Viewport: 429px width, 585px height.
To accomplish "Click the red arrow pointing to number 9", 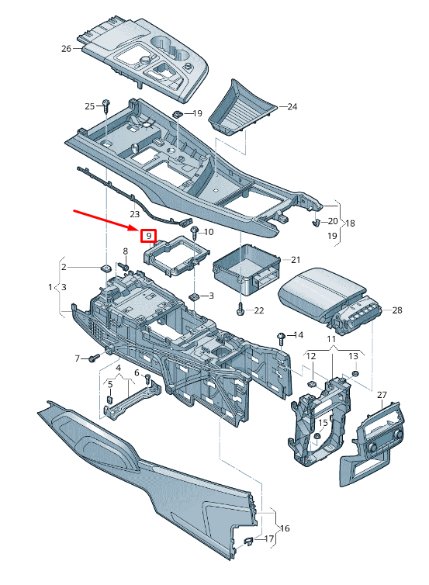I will pos(105,219).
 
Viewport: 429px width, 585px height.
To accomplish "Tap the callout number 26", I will pos(65,49).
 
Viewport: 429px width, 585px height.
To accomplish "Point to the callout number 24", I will pos(292,107).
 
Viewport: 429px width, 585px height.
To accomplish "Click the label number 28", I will pos(397,311).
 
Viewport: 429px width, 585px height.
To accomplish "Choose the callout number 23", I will pos(134,214).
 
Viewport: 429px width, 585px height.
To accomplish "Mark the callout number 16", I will pos(285,528).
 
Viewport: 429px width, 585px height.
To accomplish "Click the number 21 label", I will pos(295,259).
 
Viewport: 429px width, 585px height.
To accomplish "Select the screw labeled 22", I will pos(240,310).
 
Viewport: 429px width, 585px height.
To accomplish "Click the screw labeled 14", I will pos(279,335).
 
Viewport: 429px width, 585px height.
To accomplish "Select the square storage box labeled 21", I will pos(244,268).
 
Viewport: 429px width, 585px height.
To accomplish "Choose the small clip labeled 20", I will pos(316,224).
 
